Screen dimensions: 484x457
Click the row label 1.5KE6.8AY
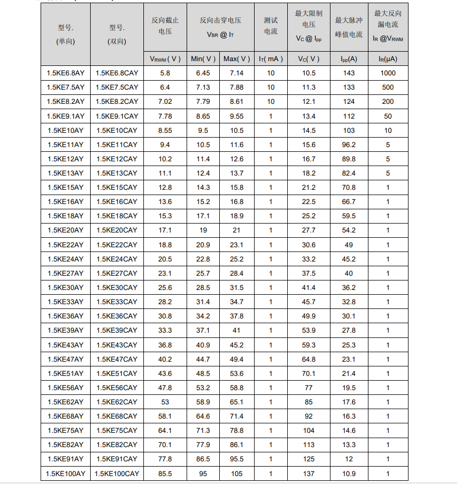click(65, 73)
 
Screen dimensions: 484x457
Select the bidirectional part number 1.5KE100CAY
click(117, 473)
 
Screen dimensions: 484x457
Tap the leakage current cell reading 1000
click(388, 73)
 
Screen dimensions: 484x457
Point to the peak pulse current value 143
click(348, 73)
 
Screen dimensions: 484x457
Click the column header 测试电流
click(270, 26)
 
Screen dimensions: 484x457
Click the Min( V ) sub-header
click(203, 59)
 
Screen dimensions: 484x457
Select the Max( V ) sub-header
click(237, 59)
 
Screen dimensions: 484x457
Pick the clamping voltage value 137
click(309, 473)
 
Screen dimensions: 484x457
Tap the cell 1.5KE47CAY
click(117, 359)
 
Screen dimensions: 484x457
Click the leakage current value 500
click(388, 88)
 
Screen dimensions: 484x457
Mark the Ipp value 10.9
click(348, 473)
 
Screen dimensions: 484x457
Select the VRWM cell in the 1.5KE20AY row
click(165, 230)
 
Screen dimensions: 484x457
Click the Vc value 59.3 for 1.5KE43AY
click(309, 345)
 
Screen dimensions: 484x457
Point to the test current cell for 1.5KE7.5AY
click(270, 88)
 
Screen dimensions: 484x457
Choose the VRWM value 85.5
click(165, 473)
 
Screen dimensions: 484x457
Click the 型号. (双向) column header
click(117, 34)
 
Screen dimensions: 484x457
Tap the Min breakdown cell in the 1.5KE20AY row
click(203, 230)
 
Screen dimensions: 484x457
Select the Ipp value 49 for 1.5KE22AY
click(348, 245)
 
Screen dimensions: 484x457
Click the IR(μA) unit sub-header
click(388, 59)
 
